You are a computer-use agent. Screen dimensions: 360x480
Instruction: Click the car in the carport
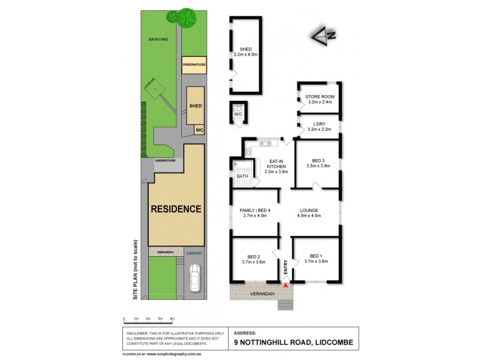click(194, 278)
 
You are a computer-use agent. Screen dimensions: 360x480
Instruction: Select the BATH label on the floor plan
click(242, 176)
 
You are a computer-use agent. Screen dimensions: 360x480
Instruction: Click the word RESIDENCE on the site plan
click(176, 209)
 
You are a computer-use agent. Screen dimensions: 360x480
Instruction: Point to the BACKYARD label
click(158, 40)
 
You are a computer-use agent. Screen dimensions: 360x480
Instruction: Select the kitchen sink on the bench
click(264, 143)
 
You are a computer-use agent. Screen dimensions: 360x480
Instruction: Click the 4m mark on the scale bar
click(172, 319)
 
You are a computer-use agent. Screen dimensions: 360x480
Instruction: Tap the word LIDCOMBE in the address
click(332, 343)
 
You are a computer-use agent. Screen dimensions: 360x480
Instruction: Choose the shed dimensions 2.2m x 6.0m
click(245, 54)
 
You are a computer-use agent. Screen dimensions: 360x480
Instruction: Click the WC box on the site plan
click(199, 129)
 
